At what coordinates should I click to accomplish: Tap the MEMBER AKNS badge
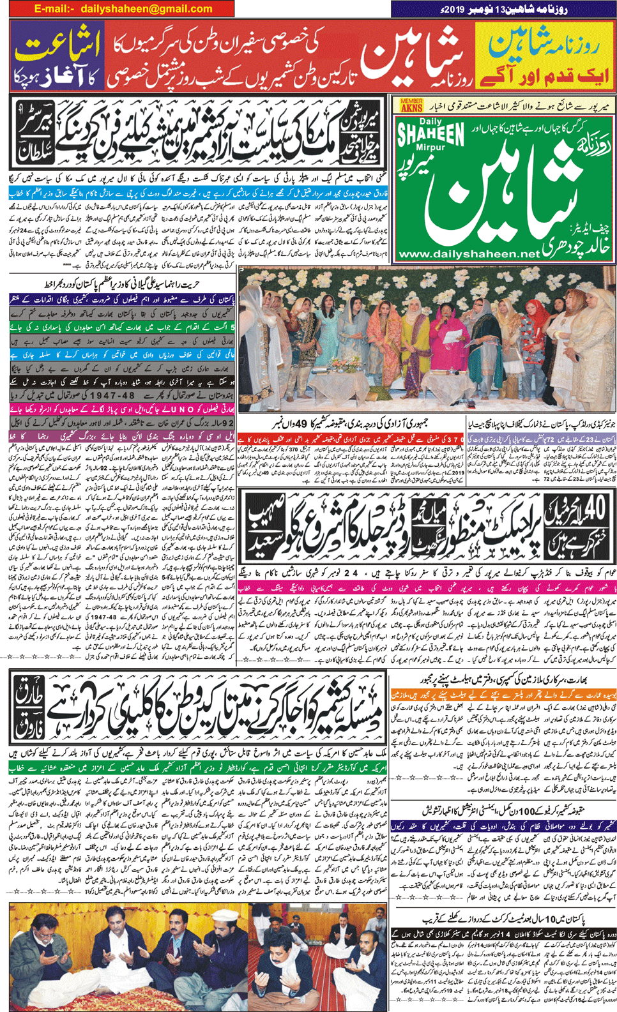coord(411,105)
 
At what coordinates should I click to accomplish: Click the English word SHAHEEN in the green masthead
coord(430,133)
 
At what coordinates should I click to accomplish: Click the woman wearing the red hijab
coord(538,313)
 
